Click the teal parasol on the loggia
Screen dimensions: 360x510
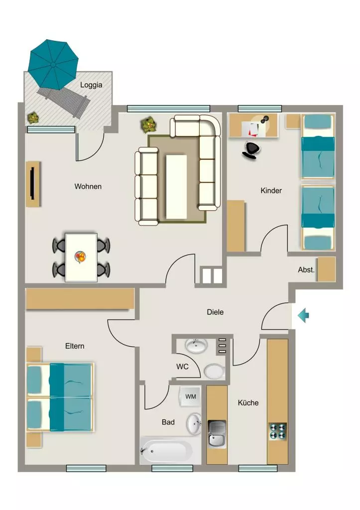pos(53,65)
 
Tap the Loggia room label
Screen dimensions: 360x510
pos(91,85)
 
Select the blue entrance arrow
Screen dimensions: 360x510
pos(303,315)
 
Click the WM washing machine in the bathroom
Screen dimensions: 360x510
pos(190,396)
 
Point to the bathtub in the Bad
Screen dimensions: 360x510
pos(166,450)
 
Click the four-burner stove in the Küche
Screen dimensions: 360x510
pos(278,431)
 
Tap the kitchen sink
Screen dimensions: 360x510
pos(217,434)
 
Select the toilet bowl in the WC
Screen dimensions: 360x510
pos(214,371)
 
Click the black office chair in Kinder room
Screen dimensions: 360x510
pos(251,150)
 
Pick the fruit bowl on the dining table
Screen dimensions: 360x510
pos(80,257)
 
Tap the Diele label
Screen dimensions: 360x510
pos(215,312)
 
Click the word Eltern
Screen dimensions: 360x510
pos(75,346)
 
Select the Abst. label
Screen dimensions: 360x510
pos(306,270)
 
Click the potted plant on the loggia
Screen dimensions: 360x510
pos(33,118)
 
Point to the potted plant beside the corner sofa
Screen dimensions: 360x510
pos(149,125)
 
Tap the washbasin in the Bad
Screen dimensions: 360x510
pos(194,423)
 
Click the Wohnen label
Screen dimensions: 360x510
pos(88,187)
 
